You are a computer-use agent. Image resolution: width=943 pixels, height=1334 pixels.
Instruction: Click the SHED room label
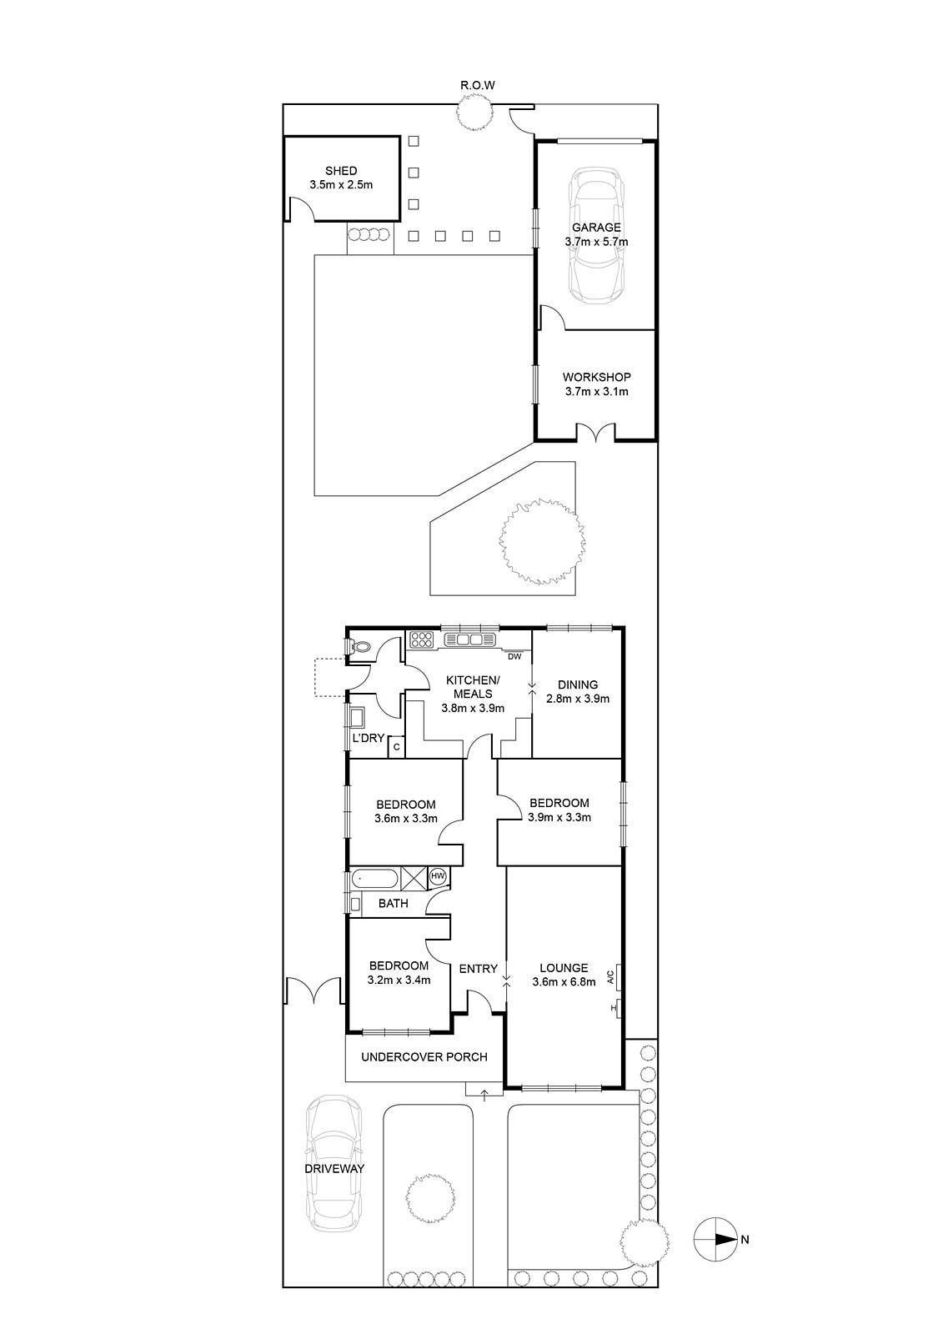coord(341,171)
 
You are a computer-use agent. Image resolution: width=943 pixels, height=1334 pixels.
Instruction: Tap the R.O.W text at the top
coord(477,85)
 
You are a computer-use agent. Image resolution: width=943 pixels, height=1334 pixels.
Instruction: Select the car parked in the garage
coord(595,237)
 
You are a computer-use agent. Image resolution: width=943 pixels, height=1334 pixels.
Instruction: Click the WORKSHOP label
coord(596,377)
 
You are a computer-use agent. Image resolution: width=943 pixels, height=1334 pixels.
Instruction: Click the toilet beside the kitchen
coord(359,646)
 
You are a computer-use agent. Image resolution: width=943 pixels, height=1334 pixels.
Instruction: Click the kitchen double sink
coord(470,639)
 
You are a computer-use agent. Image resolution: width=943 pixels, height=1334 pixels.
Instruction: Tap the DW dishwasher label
coord(514,657)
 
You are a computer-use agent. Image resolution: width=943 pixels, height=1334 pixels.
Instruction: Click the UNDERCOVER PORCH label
coord(424,1057)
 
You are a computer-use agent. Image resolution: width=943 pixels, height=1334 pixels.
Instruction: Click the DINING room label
coord(577,685)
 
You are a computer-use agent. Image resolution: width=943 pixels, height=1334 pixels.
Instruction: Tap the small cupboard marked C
coord(396,747)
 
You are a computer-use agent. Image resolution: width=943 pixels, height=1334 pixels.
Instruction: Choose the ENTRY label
coord(478,969)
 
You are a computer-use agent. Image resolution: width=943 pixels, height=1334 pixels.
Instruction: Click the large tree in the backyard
coord(541,541)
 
